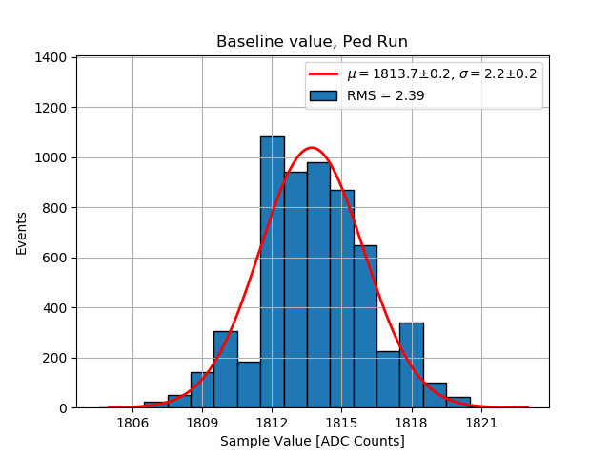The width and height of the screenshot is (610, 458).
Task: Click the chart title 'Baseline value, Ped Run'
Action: coord(312,42)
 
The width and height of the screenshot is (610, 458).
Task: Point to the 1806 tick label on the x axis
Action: coord(132,422)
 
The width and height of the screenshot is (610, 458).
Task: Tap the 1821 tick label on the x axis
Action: coord(481,422)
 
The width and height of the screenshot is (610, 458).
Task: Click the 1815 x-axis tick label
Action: coord(341,422)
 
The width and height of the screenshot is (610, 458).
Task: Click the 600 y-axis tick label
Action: coord(54,258)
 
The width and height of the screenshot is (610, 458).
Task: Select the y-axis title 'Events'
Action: coord(21,233)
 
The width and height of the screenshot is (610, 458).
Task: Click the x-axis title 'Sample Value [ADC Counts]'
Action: coord(312,441)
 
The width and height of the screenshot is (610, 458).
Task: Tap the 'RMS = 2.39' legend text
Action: coord(386,95)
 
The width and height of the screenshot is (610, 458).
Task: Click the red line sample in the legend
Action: coord(324,74)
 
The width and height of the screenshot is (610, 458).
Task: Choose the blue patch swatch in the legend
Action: coord(324,95)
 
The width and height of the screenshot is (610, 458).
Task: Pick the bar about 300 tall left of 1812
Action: coord(225,369)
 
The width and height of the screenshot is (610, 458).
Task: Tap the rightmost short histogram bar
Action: coord(457,403)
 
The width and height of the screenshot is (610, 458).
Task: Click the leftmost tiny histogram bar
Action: coord(155,405)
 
